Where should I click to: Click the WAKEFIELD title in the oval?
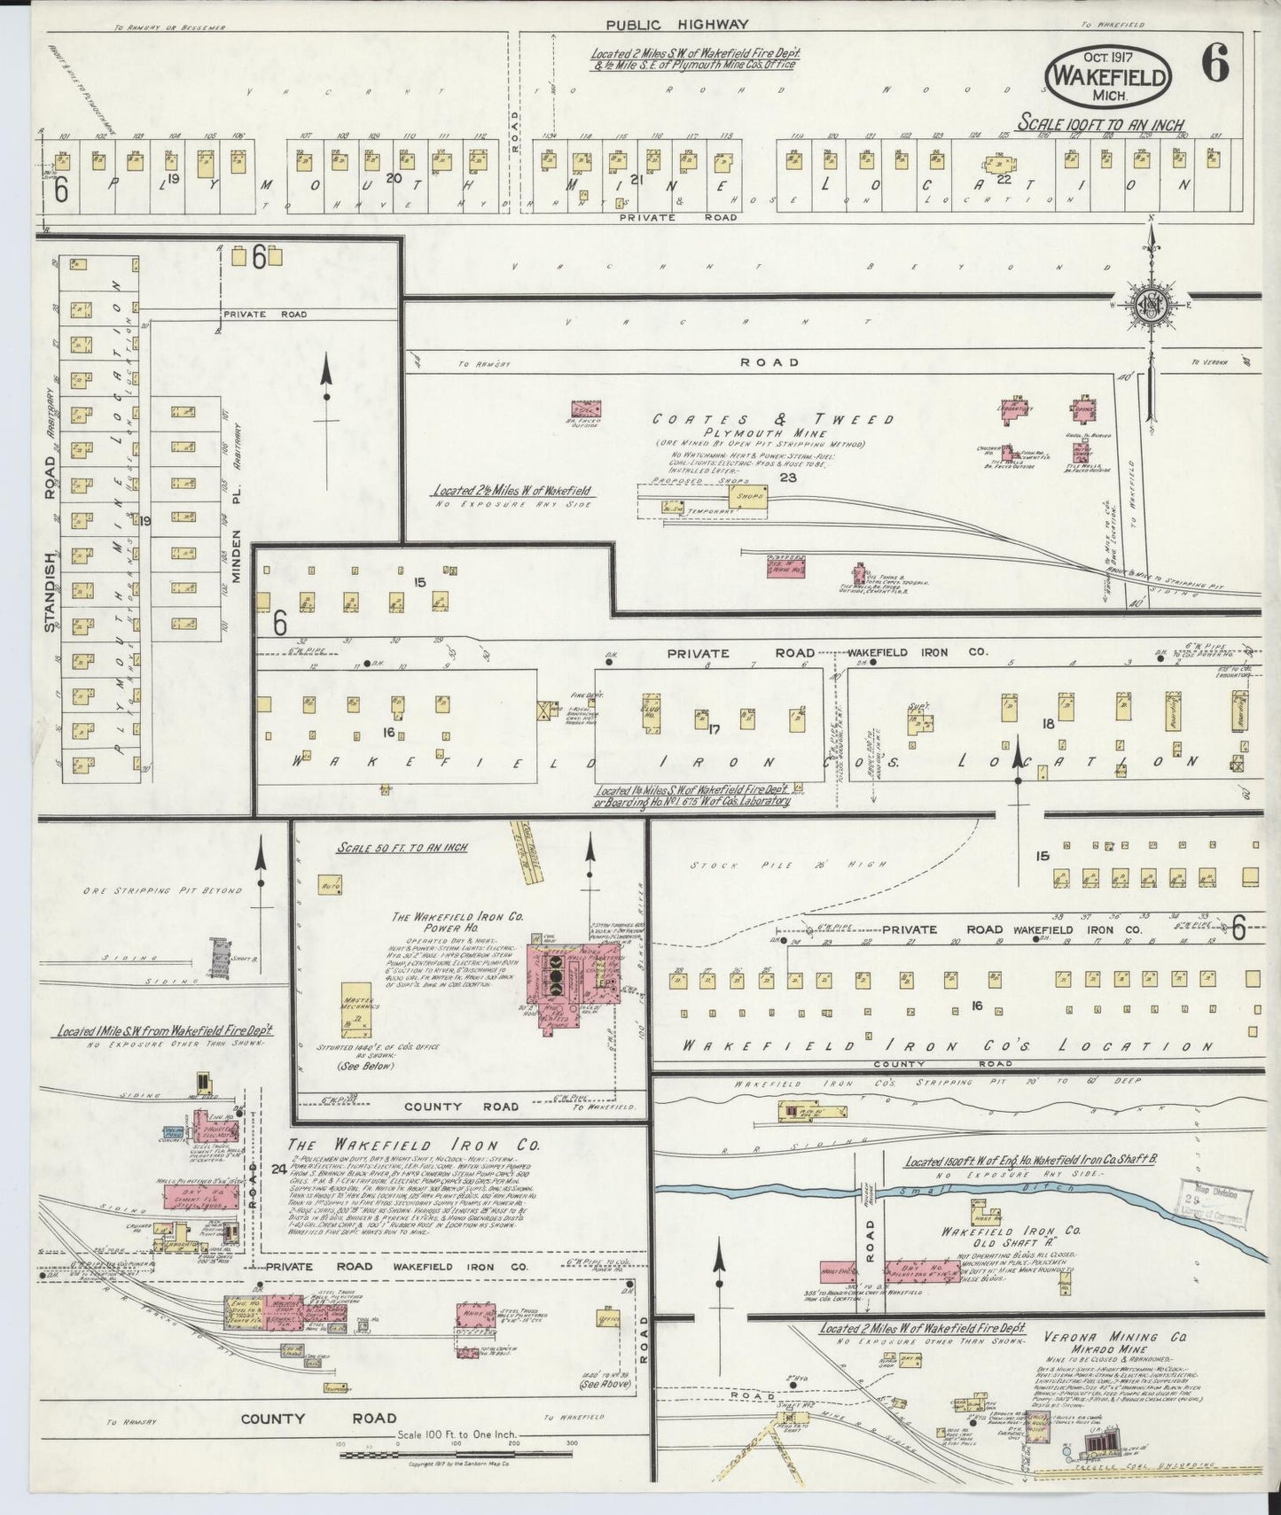click(1109, 77)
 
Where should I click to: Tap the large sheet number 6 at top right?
click(1215, 64)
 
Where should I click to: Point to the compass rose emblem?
click(1151, 305)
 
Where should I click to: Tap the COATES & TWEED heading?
click(773, 419)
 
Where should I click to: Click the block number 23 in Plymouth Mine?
click(788, 478)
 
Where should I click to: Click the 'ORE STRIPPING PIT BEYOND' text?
click(162, 890)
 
